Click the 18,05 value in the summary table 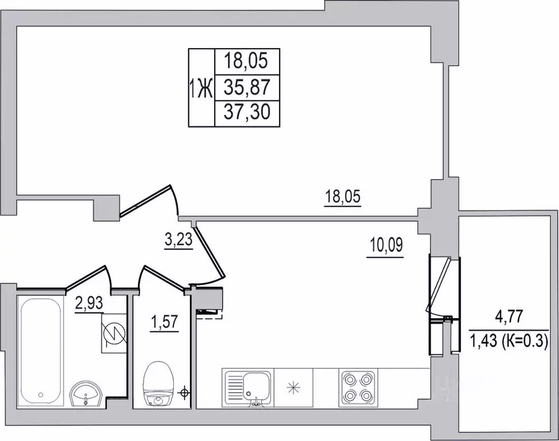246,61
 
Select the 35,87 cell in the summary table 247,87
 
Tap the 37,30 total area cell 247,112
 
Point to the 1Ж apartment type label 201,88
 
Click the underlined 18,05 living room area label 343,198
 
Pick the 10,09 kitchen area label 386,246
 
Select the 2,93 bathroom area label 89,304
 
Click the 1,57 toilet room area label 164,323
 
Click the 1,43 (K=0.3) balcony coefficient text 509,342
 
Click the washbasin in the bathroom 86,394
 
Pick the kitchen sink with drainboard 246,388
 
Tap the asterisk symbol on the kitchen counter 293,388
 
